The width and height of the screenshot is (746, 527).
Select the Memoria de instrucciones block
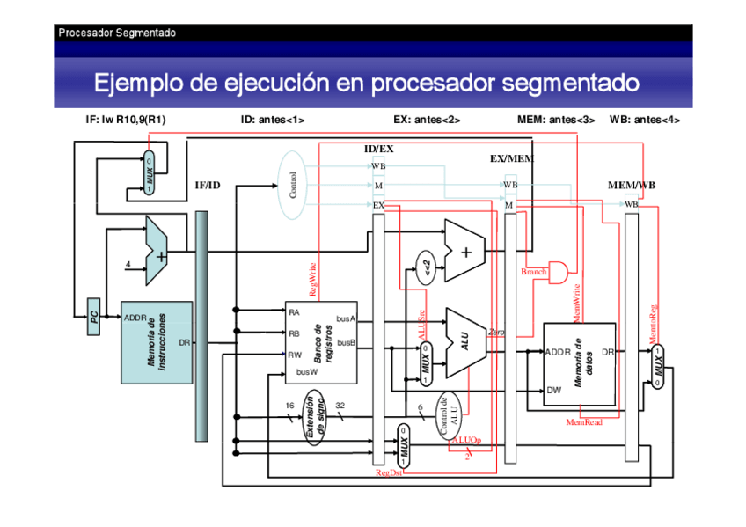click(156, 342)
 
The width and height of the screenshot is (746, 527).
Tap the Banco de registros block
click(321, 341)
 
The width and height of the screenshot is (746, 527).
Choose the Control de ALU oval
click(449, 415)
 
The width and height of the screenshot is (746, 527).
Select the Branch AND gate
click(559, 270)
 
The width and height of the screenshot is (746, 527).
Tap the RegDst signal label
click(389, 472)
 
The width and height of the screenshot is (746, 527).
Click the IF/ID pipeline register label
click(207, 186)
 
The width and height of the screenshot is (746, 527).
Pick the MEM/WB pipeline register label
click(631, 186)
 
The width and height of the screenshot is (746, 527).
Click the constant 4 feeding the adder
click(128, 264)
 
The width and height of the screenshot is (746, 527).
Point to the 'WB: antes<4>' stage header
click(644, 120)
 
